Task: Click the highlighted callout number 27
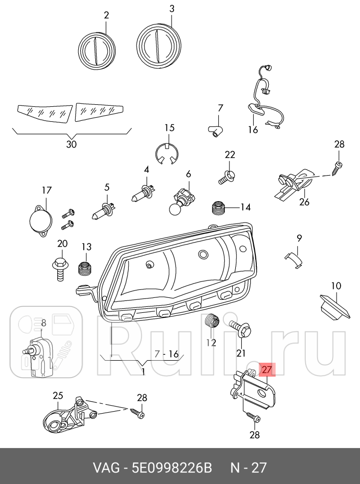click(267, 370)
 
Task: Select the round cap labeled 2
click(98, 50)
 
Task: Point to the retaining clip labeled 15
click(168, 154)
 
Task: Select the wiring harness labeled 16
click(266, 100)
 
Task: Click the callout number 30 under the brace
click(71, 145)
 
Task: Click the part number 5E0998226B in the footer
click(172, 468)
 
